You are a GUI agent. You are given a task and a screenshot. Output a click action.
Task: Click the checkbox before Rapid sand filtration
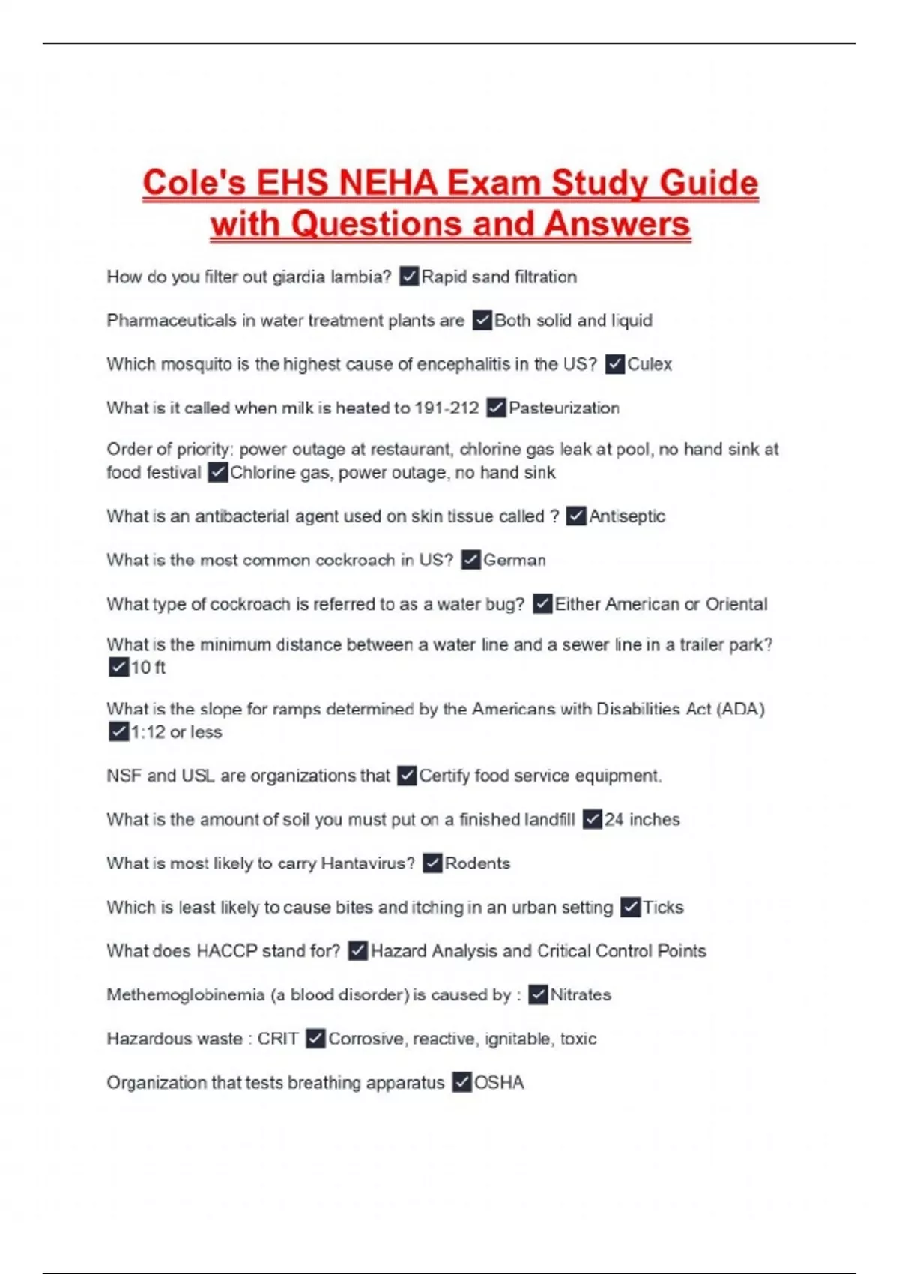pyautogui.click(x=409, y=277)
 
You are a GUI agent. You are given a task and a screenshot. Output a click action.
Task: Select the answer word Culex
pyautogui.click(x=650, y=364)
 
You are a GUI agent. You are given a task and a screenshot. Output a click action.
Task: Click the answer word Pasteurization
pyautogui.click(x=564, y=408)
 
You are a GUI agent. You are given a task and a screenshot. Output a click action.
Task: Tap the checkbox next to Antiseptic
pyautogui.click(x=576, y=516)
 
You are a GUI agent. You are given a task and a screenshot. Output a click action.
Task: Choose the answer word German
pyautogui.click(x=515, y=561)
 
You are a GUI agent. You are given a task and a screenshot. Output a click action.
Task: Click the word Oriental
pyautogui.click(x=736, y=604)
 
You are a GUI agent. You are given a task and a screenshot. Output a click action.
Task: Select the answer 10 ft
pyautogui.click(x=148, y=668)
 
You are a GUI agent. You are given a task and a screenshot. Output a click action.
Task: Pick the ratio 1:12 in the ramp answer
pyautogui.click(x=148, y=732)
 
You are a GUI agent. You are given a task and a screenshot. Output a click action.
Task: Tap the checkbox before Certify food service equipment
pyautogui.click(x=407, y=776)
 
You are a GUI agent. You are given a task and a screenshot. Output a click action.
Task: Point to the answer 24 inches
pyautogui.click(x=642, y=820)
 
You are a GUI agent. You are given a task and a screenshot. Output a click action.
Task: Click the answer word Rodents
pyautogui.click(x=477, y=863)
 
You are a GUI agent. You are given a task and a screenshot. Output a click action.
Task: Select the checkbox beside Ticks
pyautogui.click(x=631, y=908)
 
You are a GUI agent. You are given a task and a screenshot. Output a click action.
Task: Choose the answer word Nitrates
pyautogui.click(x=581, y=995)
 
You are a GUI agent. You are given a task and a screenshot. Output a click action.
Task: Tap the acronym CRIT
pyautogui.click(x=278, y=1039)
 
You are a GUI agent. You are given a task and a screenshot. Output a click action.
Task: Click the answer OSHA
pyautogui.click(x=499, y=1083)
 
